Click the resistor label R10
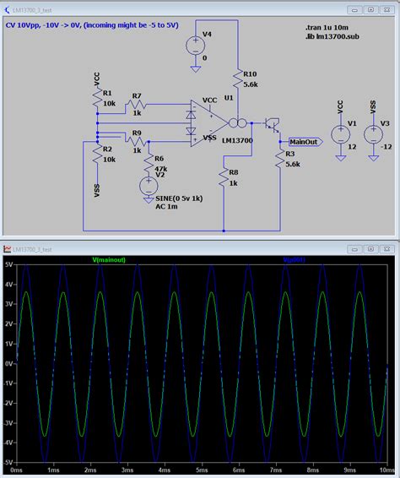click(x=249, y=74)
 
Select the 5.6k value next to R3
click(x=293, y=165)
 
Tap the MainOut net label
click(x=304, y=142)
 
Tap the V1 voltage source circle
click(x=341, y=133)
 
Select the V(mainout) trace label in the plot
click(x=109, y=260)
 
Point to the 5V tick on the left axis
click(x=8, y=265)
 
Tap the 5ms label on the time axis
click(x=199, y=469)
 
